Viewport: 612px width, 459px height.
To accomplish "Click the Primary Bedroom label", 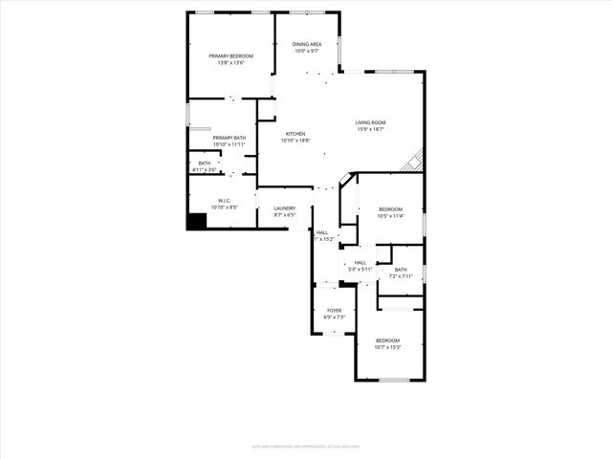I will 231,56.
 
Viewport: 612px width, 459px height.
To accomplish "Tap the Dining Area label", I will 307,44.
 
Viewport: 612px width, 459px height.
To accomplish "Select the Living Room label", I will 370,122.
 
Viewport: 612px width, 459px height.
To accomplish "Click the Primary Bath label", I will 229,138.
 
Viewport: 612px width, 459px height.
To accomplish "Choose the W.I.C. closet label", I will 225,200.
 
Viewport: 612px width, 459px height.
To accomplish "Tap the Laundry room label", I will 284,208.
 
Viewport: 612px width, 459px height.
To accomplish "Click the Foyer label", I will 334,311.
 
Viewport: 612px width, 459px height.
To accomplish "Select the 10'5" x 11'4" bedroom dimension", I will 390,216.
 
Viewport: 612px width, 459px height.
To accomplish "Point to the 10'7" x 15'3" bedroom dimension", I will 387,348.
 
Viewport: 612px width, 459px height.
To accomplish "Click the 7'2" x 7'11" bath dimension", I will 400,276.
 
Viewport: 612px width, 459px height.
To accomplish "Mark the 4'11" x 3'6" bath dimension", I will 205,170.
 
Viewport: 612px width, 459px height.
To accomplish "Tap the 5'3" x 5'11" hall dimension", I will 360,270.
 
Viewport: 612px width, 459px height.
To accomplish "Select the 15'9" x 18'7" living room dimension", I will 370,129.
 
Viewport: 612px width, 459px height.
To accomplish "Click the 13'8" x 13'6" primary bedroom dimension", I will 231,63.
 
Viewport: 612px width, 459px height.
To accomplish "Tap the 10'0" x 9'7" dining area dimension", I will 307,51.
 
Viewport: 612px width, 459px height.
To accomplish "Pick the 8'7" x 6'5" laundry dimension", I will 284,215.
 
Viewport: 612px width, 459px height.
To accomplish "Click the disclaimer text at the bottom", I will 305,445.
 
